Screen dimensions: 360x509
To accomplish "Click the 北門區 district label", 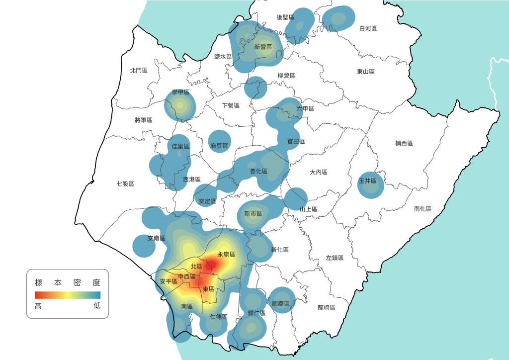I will pos(139,71).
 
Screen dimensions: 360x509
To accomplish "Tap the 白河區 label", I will pos(368,28).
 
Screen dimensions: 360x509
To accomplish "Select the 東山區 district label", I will pos(365,72).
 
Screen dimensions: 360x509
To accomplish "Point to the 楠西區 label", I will pos(404,143).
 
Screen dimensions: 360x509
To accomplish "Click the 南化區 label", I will pos(423,209).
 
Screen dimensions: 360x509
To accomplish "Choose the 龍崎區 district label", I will pos(327,308).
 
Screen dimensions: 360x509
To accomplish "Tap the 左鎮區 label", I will pos(335,258).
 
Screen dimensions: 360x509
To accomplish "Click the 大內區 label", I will pos(319,172).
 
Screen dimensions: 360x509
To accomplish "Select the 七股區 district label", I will pos(125,184).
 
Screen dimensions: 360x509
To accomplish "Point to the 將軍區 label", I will pos(143,120).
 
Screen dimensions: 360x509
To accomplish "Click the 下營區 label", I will pos(231,106).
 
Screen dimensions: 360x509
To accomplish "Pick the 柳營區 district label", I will pos(286,76).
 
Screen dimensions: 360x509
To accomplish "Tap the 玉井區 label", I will pos(368,181).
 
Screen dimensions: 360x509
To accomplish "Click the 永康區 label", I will pos(226,254).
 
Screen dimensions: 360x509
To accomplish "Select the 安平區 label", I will pos(169,281).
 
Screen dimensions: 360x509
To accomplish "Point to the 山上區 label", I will pos(308,209).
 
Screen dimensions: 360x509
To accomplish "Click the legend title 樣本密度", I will pos(68,282).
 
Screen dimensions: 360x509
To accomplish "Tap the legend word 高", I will pos(38,306).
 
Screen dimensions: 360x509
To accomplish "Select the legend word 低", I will pos(97,306).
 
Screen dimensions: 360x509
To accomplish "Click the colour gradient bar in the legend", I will pos(68,295).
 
